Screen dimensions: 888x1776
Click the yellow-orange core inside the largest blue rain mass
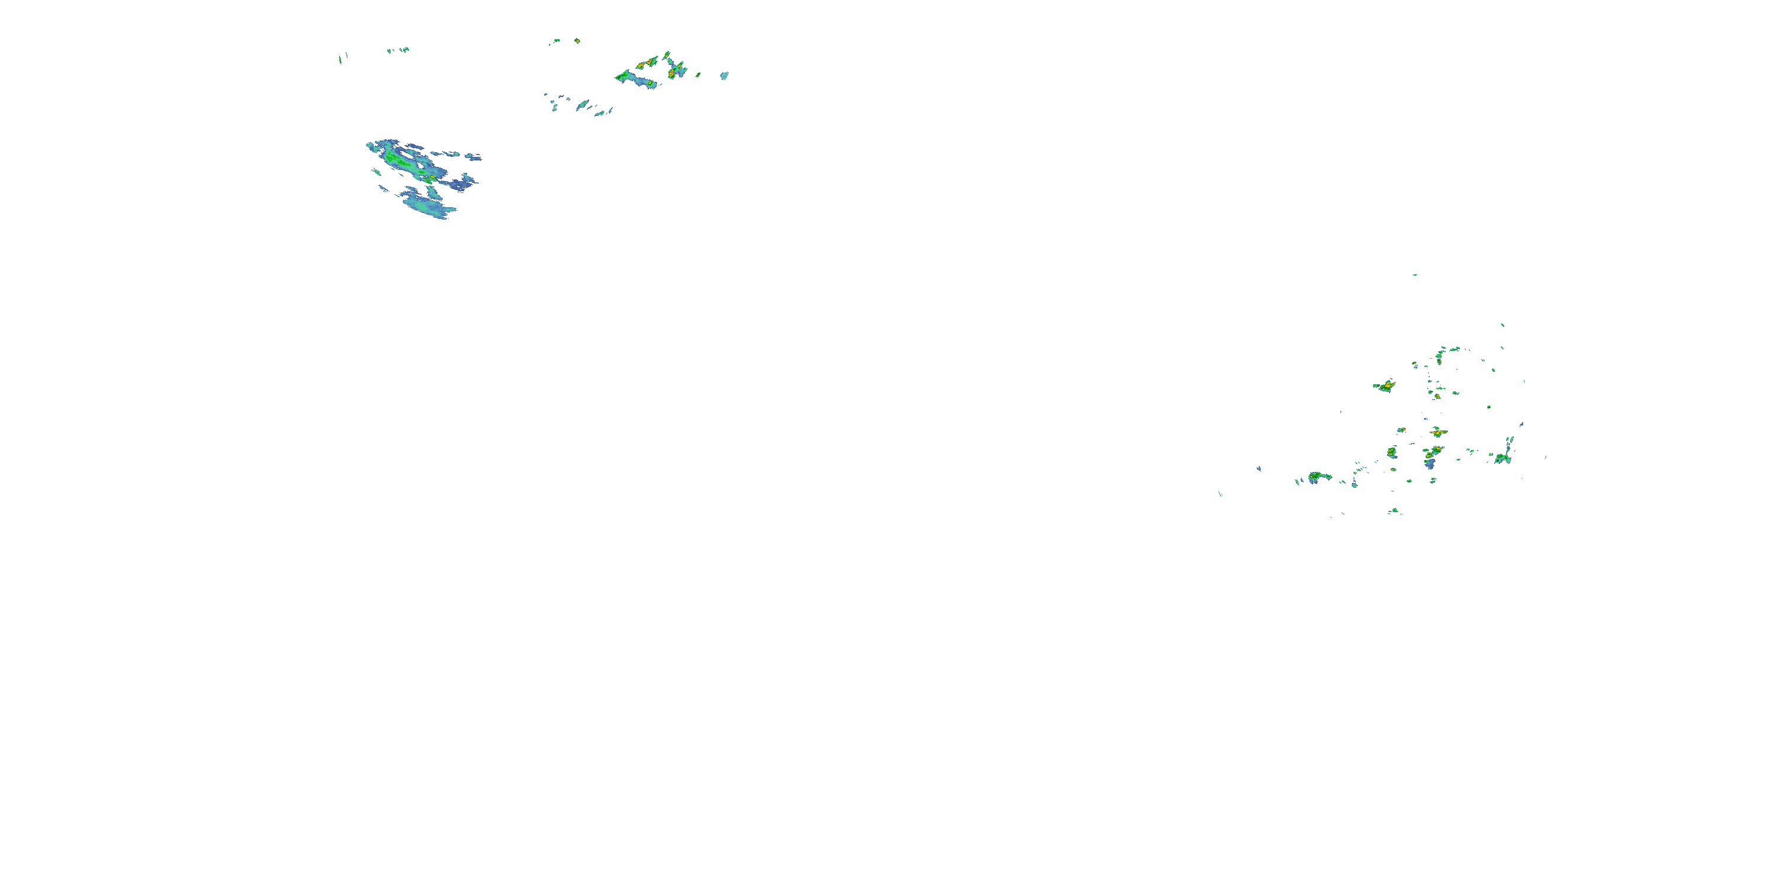coord(432,178)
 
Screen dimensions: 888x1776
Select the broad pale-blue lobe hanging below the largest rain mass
coord(427,205)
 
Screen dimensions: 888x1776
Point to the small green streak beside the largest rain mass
coord(376,171)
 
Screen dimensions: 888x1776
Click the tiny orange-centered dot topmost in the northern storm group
coord(577,41)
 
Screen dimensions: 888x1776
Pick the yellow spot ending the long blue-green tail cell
coord(649,83)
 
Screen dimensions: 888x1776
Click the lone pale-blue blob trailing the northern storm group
coord(724,75)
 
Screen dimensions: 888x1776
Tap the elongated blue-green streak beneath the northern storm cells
coord(583,105)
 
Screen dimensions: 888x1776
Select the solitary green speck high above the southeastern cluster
coord(1415,275)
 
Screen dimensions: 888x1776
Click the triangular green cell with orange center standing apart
coord(1385,385)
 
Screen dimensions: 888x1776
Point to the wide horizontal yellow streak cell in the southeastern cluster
coord(1437,432)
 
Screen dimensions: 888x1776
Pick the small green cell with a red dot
coord(1401,430)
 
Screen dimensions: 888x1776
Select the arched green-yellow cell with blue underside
coord(1318,477)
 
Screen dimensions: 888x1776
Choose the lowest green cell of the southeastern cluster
coord(1394,511)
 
